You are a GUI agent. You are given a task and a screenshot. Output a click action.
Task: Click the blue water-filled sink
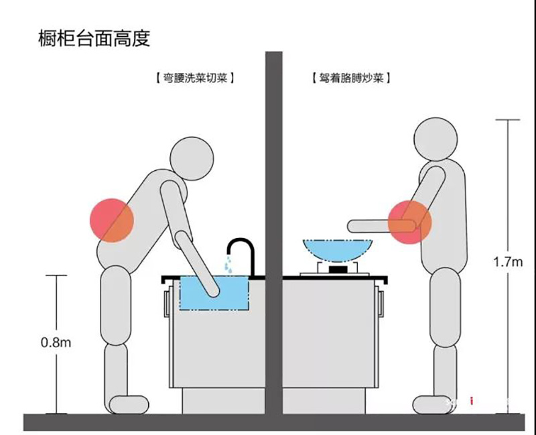[214, 295]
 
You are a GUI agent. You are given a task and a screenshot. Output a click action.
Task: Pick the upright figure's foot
[432, 404]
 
